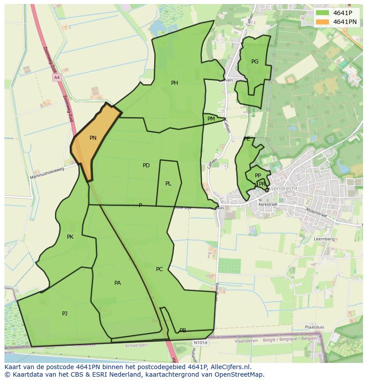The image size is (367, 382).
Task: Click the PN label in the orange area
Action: tap(93, 138)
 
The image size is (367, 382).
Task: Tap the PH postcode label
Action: tap(175, 83)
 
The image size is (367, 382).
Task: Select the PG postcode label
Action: tap(255, 62)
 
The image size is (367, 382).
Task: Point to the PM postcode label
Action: tap(211, 119)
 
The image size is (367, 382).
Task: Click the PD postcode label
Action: tap(146, 165)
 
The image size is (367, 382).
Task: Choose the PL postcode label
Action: tap(168, 184)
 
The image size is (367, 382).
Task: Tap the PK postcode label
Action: tap(70, 237)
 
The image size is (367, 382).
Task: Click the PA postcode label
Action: tap(117, 283)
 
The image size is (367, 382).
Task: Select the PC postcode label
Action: tap(160, 269)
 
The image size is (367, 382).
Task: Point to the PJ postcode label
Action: tap(65, 314)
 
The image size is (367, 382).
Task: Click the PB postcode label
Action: tap(183, 331)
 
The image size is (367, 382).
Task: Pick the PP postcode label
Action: tap(258, 176)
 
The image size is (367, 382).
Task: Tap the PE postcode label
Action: tap(247, 139)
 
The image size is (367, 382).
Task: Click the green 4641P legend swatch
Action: tap(323, 13)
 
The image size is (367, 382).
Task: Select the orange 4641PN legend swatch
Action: tap(323, 22)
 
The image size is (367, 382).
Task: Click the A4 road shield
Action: tap(56, 78)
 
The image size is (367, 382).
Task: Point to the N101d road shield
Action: tap(200, 343)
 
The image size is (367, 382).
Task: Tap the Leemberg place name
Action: tap(324, 239)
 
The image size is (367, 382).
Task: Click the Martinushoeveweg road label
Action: tap(47, 173)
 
